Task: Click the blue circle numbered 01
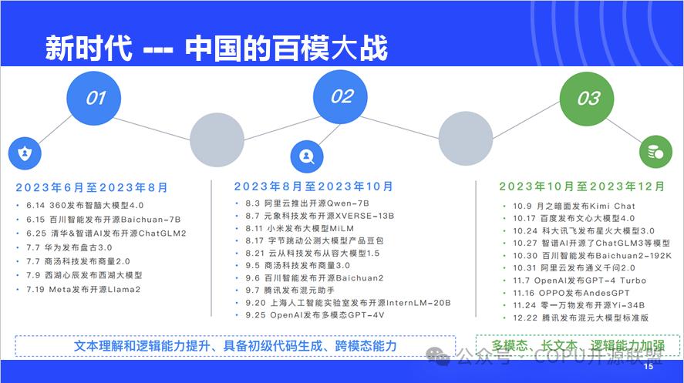[x=95, y=98]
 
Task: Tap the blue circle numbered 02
[x=342, y=96]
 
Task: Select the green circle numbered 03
[x=588, y=99]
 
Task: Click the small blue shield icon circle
[x=25, y=153]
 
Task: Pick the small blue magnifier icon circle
[x=307, y=156]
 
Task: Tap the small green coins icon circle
[x=656, y=153]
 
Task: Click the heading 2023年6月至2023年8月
[x=91, y=187]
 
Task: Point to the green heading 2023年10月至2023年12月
[x=581, y=186]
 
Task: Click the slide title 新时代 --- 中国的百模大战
[x=216, y=47]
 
